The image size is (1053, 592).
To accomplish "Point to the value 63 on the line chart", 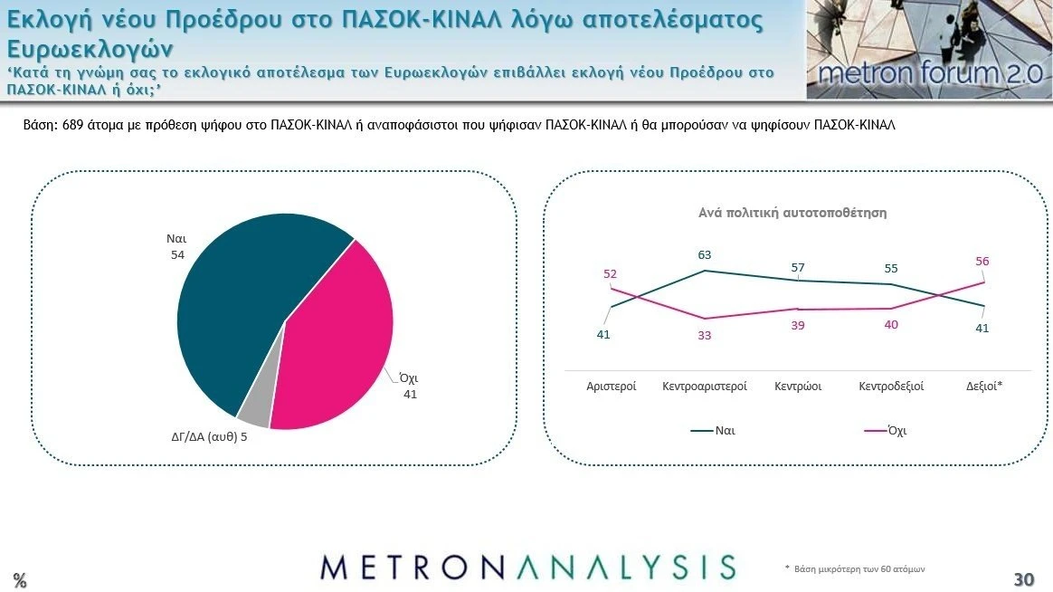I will pyautogui.click(x=705, y=255).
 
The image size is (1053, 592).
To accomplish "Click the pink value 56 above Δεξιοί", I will pyautogui.click(x=982, y=262).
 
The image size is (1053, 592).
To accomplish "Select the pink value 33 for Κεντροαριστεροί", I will pyautogui.click(x=705, y=335).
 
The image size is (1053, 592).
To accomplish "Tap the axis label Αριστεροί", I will pyautogui.click(x=612, y=387).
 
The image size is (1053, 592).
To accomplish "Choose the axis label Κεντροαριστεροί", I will pyautogui.click(x=705, y=387).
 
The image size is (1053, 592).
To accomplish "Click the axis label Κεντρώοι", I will pyautogui.click(x=798, y=387).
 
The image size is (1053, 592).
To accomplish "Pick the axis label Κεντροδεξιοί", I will pyautogui.click(x=891, y=387).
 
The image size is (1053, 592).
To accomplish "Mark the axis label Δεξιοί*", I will pyautogui.click(x=984, y=387).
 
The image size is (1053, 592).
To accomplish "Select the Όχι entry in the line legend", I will pyautogui.click(x=896, y=431).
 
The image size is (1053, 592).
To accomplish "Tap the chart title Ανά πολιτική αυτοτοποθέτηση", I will pyautogui.click(x=792, y=213).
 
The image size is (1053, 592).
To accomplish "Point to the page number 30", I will pyautogui.click(x=1023, y=579).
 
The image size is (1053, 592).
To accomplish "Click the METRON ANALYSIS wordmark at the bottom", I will pyautogui.click(x=527, y=567).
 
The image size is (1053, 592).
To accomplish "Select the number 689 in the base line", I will pyautogui.click(x=73, y=126).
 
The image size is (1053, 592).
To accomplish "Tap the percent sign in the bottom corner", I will pyautogui.click(x=19, y=581).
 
